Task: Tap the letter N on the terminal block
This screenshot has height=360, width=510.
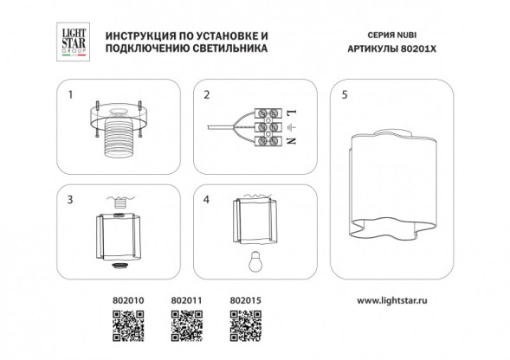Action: tap(289, 140)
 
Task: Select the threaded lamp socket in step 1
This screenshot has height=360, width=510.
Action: tap(119, 138)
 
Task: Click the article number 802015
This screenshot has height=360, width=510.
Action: tap(242, 303)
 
